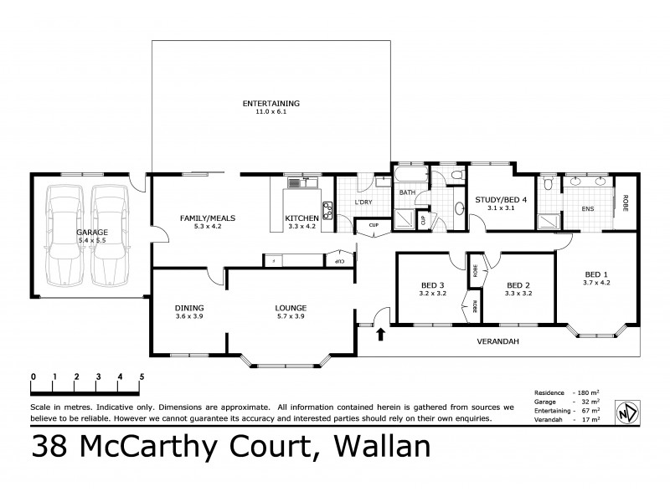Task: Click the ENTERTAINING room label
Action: [271, 103]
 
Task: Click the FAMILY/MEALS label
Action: [207, 218]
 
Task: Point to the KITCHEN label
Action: [302, 218]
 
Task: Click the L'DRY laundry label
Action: [363, 203]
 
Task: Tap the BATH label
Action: [407, 193]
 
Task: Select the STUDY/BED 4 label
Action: [501, 199]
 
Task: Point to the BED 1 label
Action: [596, 274]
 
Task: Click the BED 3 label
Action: [433, 284]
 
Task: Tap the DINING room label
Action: [189, 307]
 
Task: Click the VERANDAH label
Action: [495, 341]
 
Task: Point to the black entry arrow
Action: [381, 336]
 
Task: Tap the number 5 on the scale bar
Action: [142, 376]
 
